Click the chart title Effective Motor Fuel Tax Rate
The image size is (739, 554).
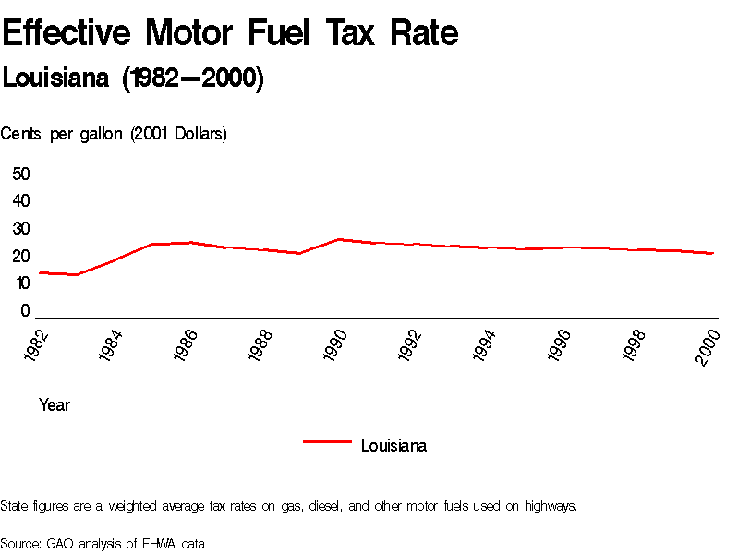(230, 34)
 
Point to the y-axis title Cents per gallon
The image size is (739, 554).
(114, 134)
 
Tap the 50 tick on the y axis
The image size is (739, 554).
(21, 174)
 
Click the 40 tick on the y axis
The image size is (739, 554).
(21, 201)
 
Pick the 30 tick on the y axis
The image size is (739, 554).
(21, 229)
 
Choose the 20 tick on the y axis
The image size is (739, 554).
(21, 257)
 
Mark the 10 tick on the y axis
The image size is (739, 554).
(21, 283)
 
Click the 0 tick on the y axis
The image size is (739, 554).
(26, 311)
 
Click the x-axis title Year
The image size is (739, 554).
(55, 404)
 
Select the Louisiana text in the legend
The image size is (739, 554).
(394, 446)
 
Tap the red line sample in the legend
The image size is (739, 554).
(327, 442)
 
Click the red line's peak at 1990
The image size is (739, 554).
(339, 239)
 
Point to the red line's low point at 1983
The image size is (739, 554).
(77, 274)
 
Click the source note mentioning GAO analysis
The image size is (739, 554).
(102, 543)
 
